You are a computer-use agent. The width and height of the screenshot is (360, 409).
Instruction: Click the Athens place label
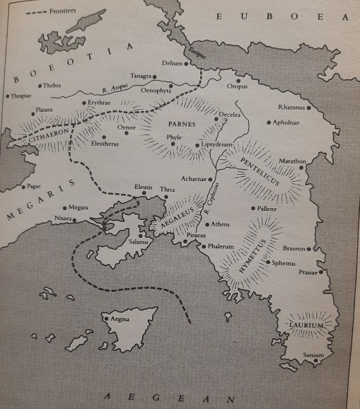tap(221, 224)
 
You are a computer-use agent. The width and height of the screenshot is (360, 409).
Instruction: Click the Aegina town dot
tap(106, 318)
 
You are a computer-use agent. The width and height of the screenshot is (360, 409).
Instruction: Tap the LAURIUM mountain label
tap(307, 325)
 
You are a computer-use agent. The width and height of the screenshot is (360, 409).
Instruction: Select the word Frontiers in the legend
tap(62, 12)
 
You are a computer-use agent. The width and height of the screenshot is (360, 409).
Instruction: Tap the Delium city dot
tap(187, 63)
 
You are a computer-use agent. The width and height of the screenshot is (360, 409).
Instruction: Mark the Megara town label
tap(79, 208)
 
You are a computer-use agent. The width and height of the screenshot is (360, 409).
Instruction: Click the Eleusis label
tap(144, 187)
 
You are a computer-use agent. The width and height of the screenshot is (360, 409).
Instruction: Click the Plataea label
tap(44, 110)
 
